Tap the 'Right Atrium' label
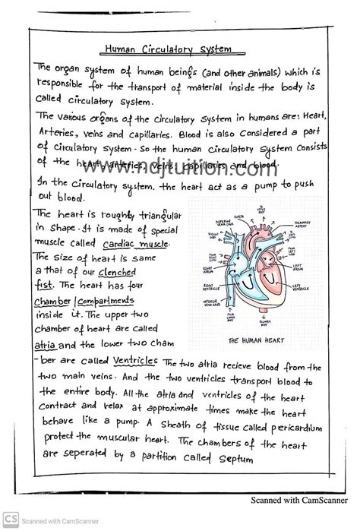pyautogui.click(x=209, y=269)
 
